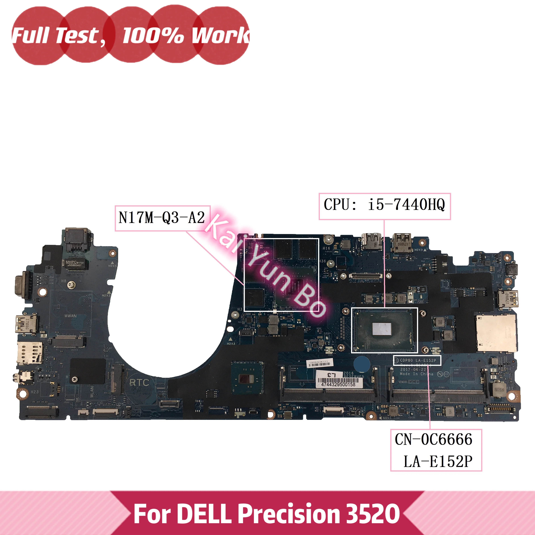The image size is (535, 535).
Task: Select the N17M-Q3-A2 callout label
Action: point(162,218)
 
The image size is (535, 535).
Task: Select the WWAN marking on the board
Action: point(71,316)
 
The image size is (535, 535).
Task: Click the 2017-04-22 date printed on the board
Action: point(413,369)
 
